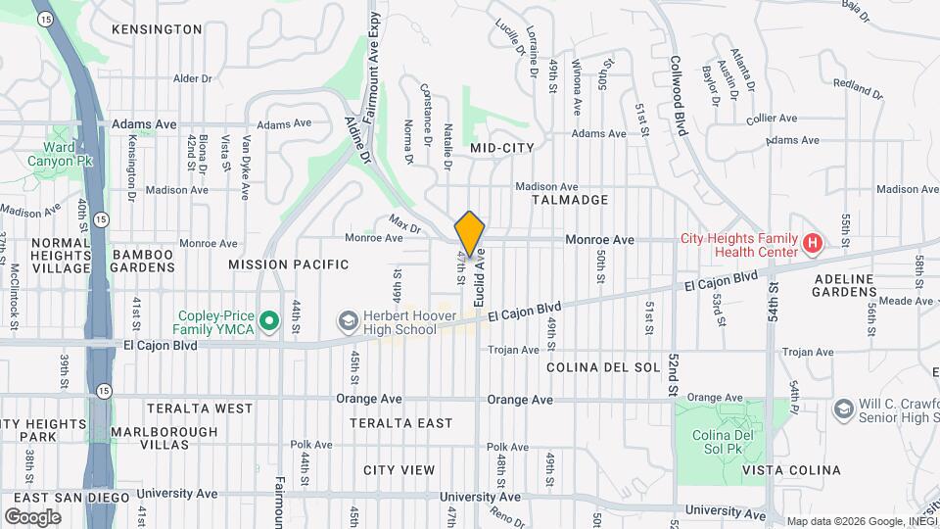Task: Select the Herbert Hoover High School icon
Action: (x=348, y=321)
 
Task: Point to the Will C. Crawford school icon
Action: (x=842, y=409)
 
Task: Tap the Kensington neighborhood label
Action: (x=157, y=29)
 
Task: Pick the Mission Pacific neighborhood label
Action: (x=289, y=264)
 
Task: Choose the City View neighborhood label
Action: (x=399, y=470)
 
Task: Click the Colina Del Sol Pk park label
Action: (x=720, y=442)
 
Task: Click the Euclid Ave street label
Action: (x=480, y=277)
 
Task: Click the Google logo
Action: (x=32, y=516)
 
